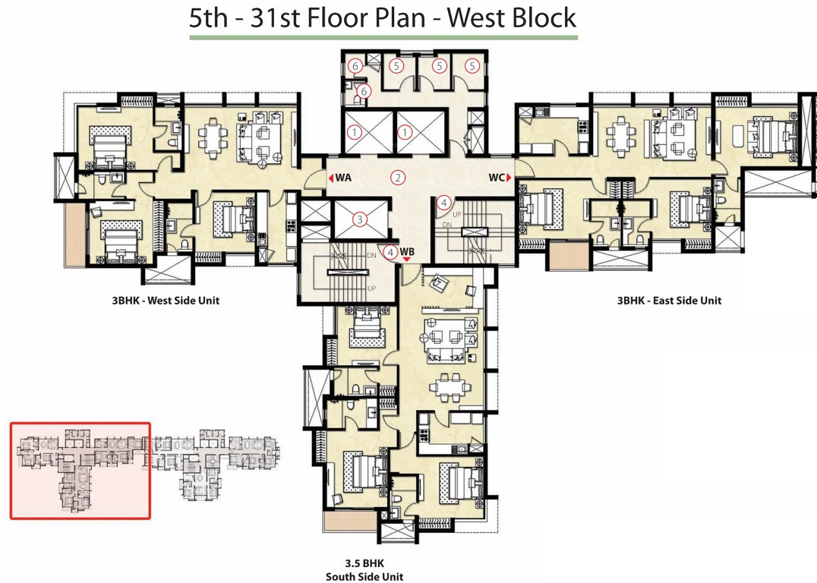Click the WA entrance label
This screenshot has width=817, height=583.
[344, 178]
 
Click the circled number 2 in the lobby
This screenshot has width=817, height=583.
[397, 178]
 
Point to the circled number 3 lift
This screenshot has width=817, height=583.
[361, 219]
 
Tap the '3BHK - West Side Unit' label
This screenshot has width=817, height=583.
[165, 301]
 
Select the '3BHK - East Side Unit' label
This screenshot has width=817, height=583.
[669, 301]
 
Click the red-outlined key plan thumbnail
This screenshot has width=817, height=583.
[80, 471]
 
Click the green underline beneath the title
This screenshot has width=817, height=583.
[383, 36]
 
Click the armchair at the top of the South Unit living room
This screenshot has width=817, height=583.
[439, 284]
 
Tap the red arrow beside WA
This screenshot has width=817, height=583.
[331, 178]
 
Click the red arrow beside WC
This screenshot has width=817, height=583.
[512, 178]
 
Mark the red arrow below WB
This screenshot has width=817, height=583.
[407, 260]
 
